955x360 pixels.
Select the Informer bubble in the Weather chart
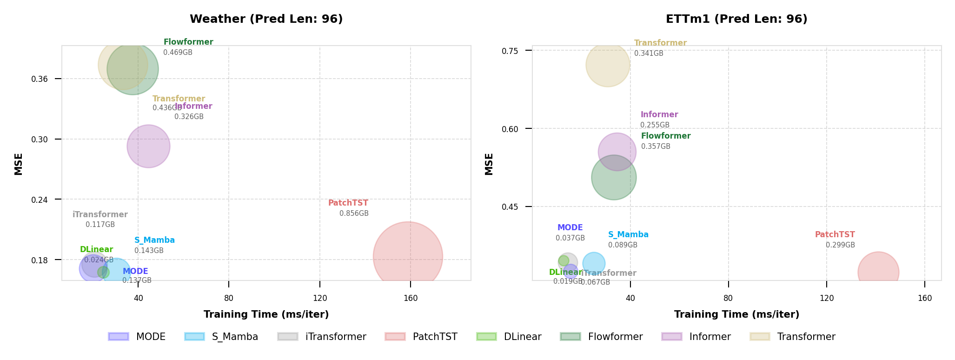[148, 146]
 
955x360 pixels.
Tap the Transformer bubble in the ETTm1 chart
[608, 65]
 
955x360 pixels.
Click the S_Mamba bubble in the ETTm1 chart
[594, 263]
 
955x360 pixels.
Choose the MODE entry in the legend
[137, 337]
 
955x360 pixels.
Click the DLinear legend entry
[509, 337]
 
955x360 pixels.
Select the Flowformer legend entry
[602, 337]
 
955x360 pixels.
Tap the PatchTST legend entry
[421, 337]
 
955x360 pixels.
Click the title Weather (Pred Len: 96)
[266, 19]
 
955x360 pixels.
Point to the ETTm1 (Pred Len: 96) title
[736, 19]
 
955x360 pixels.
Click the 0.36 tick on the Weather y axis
[40, 79]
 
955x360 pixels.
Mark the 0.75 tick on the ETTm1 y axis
[510, 51]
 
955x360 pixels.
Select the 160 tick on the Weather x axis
[411, 298]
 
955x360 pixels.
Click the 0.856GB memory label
[354, 213]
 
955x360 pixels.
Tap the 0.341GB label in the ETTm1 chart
[649, 53]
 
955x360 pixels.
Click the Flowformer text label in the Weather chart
[188, 42]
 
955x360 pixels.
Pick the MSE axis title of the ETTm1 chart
[489, 164]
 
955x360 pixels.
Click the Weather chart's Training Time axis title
[266, 314]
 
